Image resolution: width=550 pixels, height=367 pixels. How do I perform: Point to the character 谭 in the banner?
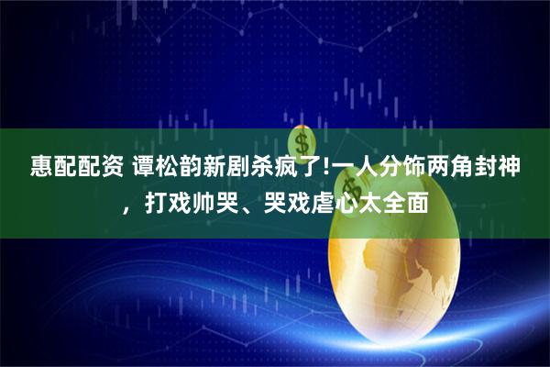point(146,168)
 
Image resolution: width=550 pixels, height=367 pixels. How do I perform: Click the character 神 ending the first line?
point(530,168)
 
